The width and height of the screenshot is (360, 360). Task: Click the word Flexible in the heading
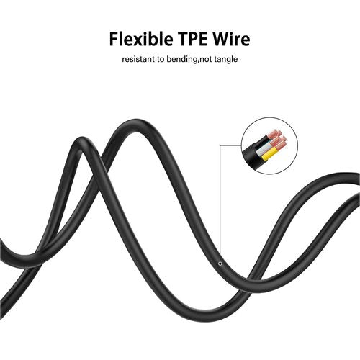[141, 39]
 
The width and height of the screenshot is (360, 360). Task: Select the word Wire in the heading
[232, 39]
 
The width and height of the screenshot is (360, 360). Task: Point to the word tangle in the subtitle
[226, 59]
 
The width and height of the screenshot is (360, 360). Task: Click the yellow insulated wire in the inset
[270, 154]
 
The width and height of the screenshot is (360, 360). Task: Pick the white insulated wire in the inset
[263, 150]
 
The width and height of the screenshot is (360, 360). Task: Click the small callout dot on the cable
[220, 264]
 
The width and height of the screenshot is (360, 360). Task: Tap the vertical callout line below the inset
[220, 204]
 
